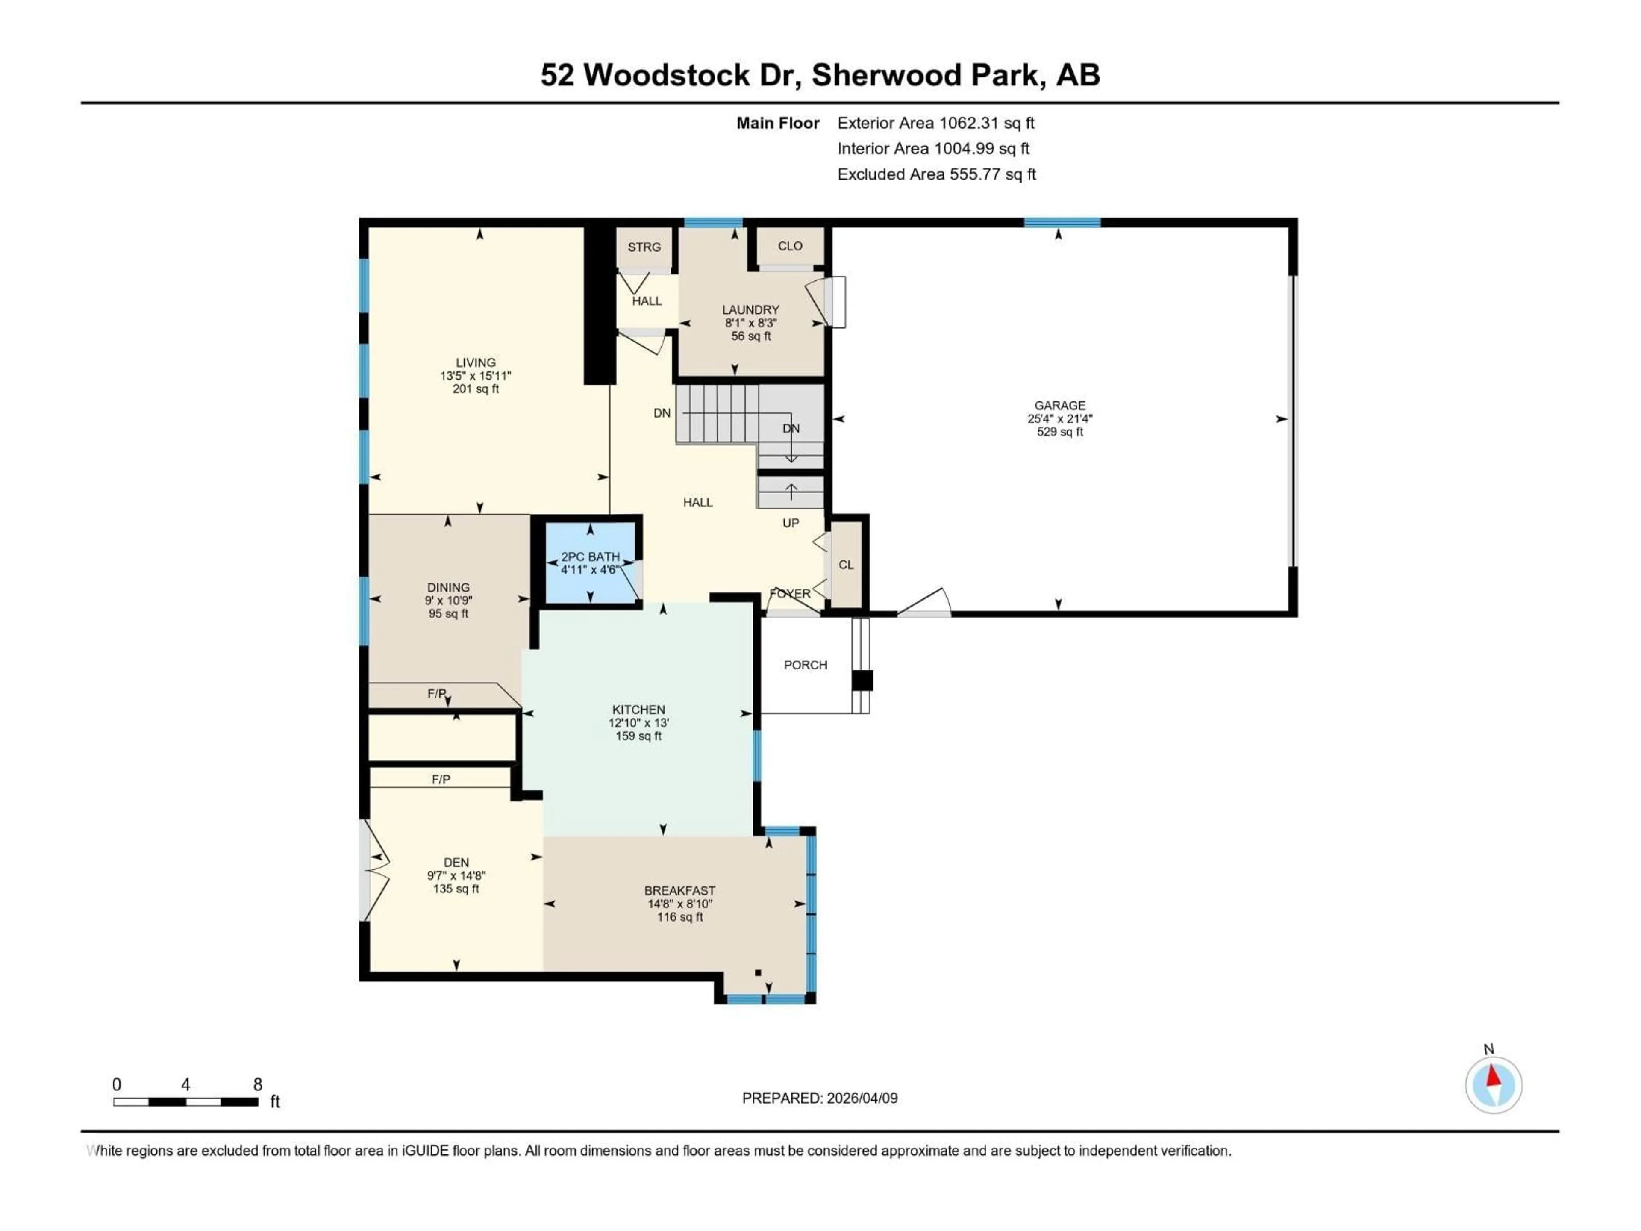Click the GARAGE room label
coord(1059,405)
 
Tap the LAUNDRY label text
coord(751,309)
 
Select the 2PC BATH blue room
coord(591,564)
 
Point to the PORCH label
coord(805,665)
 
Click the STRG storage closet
coord(644,247)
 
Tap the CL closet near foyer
coord(846,565)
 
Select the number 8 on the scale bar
coord(257,1084)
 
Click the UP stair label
coord(791,523)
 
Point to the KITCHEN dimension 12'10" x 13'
coord(639,723)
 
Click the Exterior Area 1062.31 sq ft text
coord(935,123)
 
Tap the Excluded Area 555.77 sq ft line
coord(936,174)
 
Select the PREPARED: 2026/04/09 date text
coord(820,1098)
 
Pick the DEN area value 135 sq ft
coord(456,889)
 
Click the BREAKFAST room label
coord(679,890)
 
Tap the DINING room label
coord(448,587)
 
